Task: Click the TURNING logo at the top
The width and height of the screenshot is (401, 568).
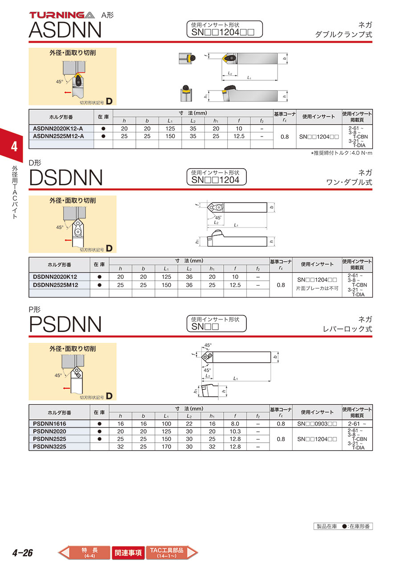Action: (x=62, y=15)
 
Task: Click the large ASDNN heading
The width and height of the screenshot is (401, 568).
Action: (x=65, y=30)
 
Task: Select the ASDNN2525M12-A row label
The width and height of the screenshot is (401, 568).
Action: (x=58, y=136)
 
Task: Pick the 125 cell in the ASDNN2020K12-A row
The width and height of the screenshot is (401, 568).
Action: (x=170, y=129)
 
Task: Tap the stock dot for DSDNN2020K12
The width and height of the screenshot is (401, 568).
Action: (x=99, y=277)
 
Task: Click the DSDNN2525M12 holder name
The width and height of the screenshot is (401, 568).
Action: (x=55, y=285)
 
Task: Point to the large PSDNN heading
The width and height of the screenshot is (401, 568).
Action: (x=65, y=324)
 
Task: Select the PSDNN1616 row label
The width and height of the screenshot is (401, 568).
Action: (x=49, y=424)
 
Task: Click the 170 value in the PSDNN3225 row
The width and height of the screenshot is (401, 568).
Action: (x=166, y=447)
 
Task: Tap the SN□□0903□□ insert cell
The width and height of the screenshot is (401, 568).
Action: (x=317, y=424)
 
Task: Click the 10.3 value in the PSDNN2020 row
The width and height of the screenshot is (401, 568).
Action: (x=235, y=431)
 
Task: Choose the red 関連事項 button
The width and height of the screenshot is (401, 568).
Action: (x=128, y=552)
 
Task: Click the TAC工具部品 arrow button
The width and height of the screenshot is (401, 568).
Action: (x=172, y=552)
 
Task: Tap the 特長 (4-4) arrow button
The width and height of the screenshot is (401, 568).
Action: (x=84, y=552)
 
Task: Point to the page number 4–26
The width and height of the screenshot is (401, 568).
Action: (x=23, y=553)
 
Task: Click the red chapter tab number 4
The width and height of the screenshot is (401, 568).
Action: (x=14, y=147)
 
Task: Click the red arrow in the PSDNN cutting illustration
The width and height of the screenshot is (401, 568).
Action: (x=66, y=388)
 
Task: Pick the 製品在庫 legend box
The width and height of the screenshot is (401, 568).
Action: (x=343, y=527)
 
